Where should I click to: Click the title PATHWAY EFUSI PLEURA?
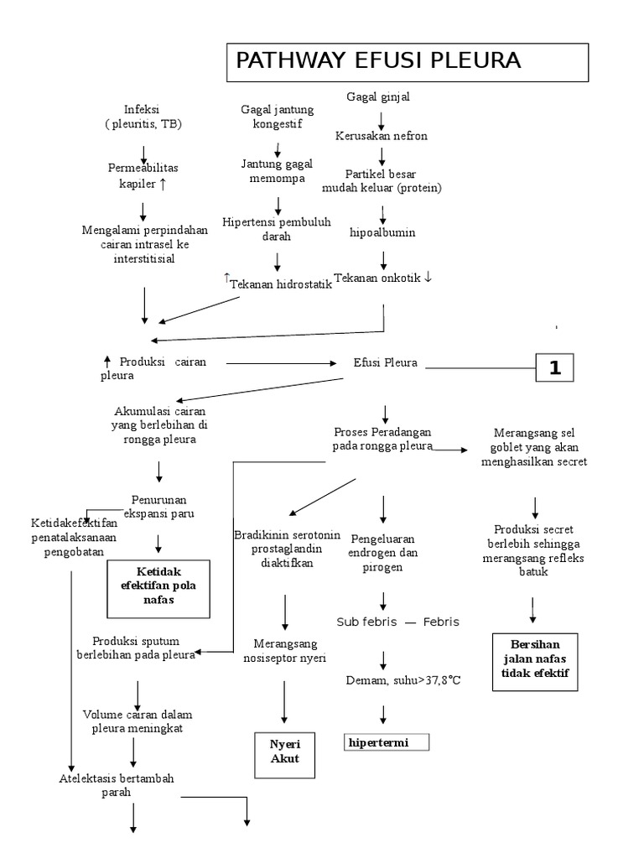coord(378,61)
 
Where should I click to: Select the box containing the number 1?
coord(554,367)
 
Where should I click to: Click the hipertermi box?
coord(387,742)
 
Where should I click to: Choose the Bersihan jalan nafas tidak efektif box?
coord(534,661)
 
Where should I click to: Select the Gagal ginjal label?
coord(378,97)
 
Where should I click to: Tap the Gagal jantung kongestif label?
coord(277,117)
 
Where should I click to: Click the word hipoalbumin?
coord(382,232)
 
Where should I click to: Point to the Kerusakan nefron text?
coord(382,136)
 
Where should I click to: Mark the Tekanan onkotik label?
coord(382,278)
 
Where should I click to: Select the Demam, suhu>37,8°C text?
coord(403,679)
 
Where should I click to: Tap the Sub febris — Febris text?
coord(398,622)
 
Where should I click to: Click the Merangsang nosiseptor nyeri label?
coord(284,650)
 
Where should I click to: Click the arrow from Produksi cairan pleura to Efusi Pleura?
coord(279,363)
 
